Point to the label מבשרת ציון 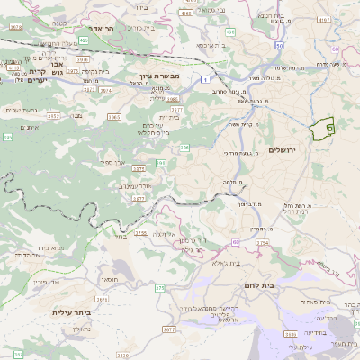[x=161, y=76]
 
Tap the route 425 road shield [x=83, y=40]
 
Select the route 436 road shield [x=230, y=32]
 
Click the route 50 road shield [x=280, y=45]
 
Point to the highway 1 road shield [x=208, y=80]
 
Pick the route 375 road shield [x=160, y=288]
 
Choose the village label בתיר [x=120, y=238]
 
